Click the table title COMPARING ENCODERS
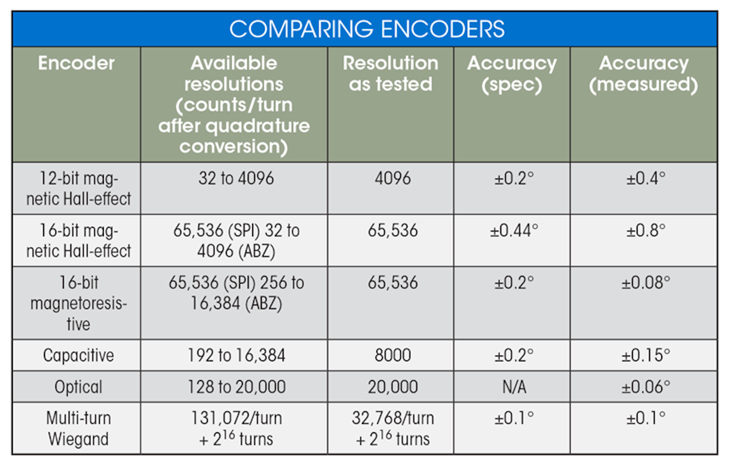[367, 29]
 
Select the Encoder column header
[76, 63]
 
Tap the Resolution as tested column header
[390, 73]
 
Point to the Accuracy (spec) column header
[512, 73]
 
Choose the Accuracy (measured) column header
[643, 73]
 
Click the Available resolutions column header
[234, 104]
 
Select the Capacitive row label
[78, 355]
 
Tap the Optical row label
[78, 387]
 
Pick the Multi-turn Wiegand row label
[78, 429]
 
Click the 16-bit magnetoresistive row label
[78, 303]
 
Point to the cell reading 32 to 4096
[236, 178]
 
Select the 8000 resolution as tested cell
[393, 355]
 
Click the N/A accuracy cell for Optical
[514, 387]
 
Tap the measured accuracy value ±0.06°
[645, 387]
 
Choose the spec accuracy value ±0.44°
[514, 231]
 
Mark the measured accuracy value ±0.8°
[645, 231]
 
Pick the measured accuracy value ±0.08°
[645, 283]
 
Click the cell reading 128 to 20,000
[236, 387]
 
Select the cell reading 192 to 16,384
[236, 355]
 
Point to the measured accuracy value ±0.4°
[645, 178]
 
